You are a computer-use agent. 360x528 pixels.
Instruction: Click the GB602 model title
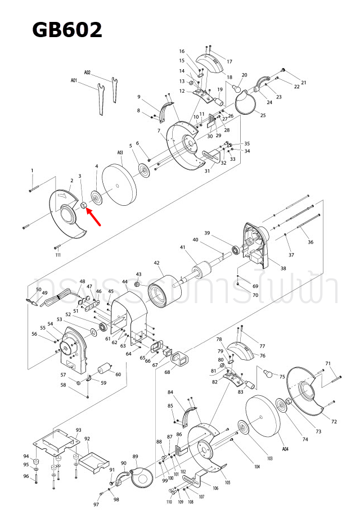(x=67, y=29)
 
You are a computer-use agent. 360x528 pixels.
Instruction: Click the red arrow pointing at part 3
(x=94, y=217)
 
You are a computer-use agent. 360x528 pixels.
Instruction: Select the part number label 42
(x=157, y=263)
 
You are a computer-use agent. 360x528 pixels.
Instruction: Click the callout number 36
(x=310, y=242)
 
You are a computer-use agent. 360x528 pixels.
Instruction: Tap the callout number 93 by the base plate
(x=78, y=430)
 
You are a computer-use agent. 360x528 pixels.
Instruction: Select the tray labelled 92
(x=93, y=459)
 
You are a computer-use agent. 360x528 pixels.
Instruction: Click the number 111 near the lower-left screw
(x=58, y=255)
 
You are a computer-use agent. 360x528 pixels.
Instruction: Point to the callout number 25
(x=263, y=115)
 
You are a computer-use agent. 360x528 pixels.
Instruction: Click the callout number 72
(x=334, y=422)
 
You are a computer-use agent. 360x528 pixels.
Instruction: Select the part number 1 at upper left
(x=32, y=170)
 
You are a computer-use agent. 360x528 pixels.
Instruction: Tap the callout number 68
(x=167, y=372)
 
